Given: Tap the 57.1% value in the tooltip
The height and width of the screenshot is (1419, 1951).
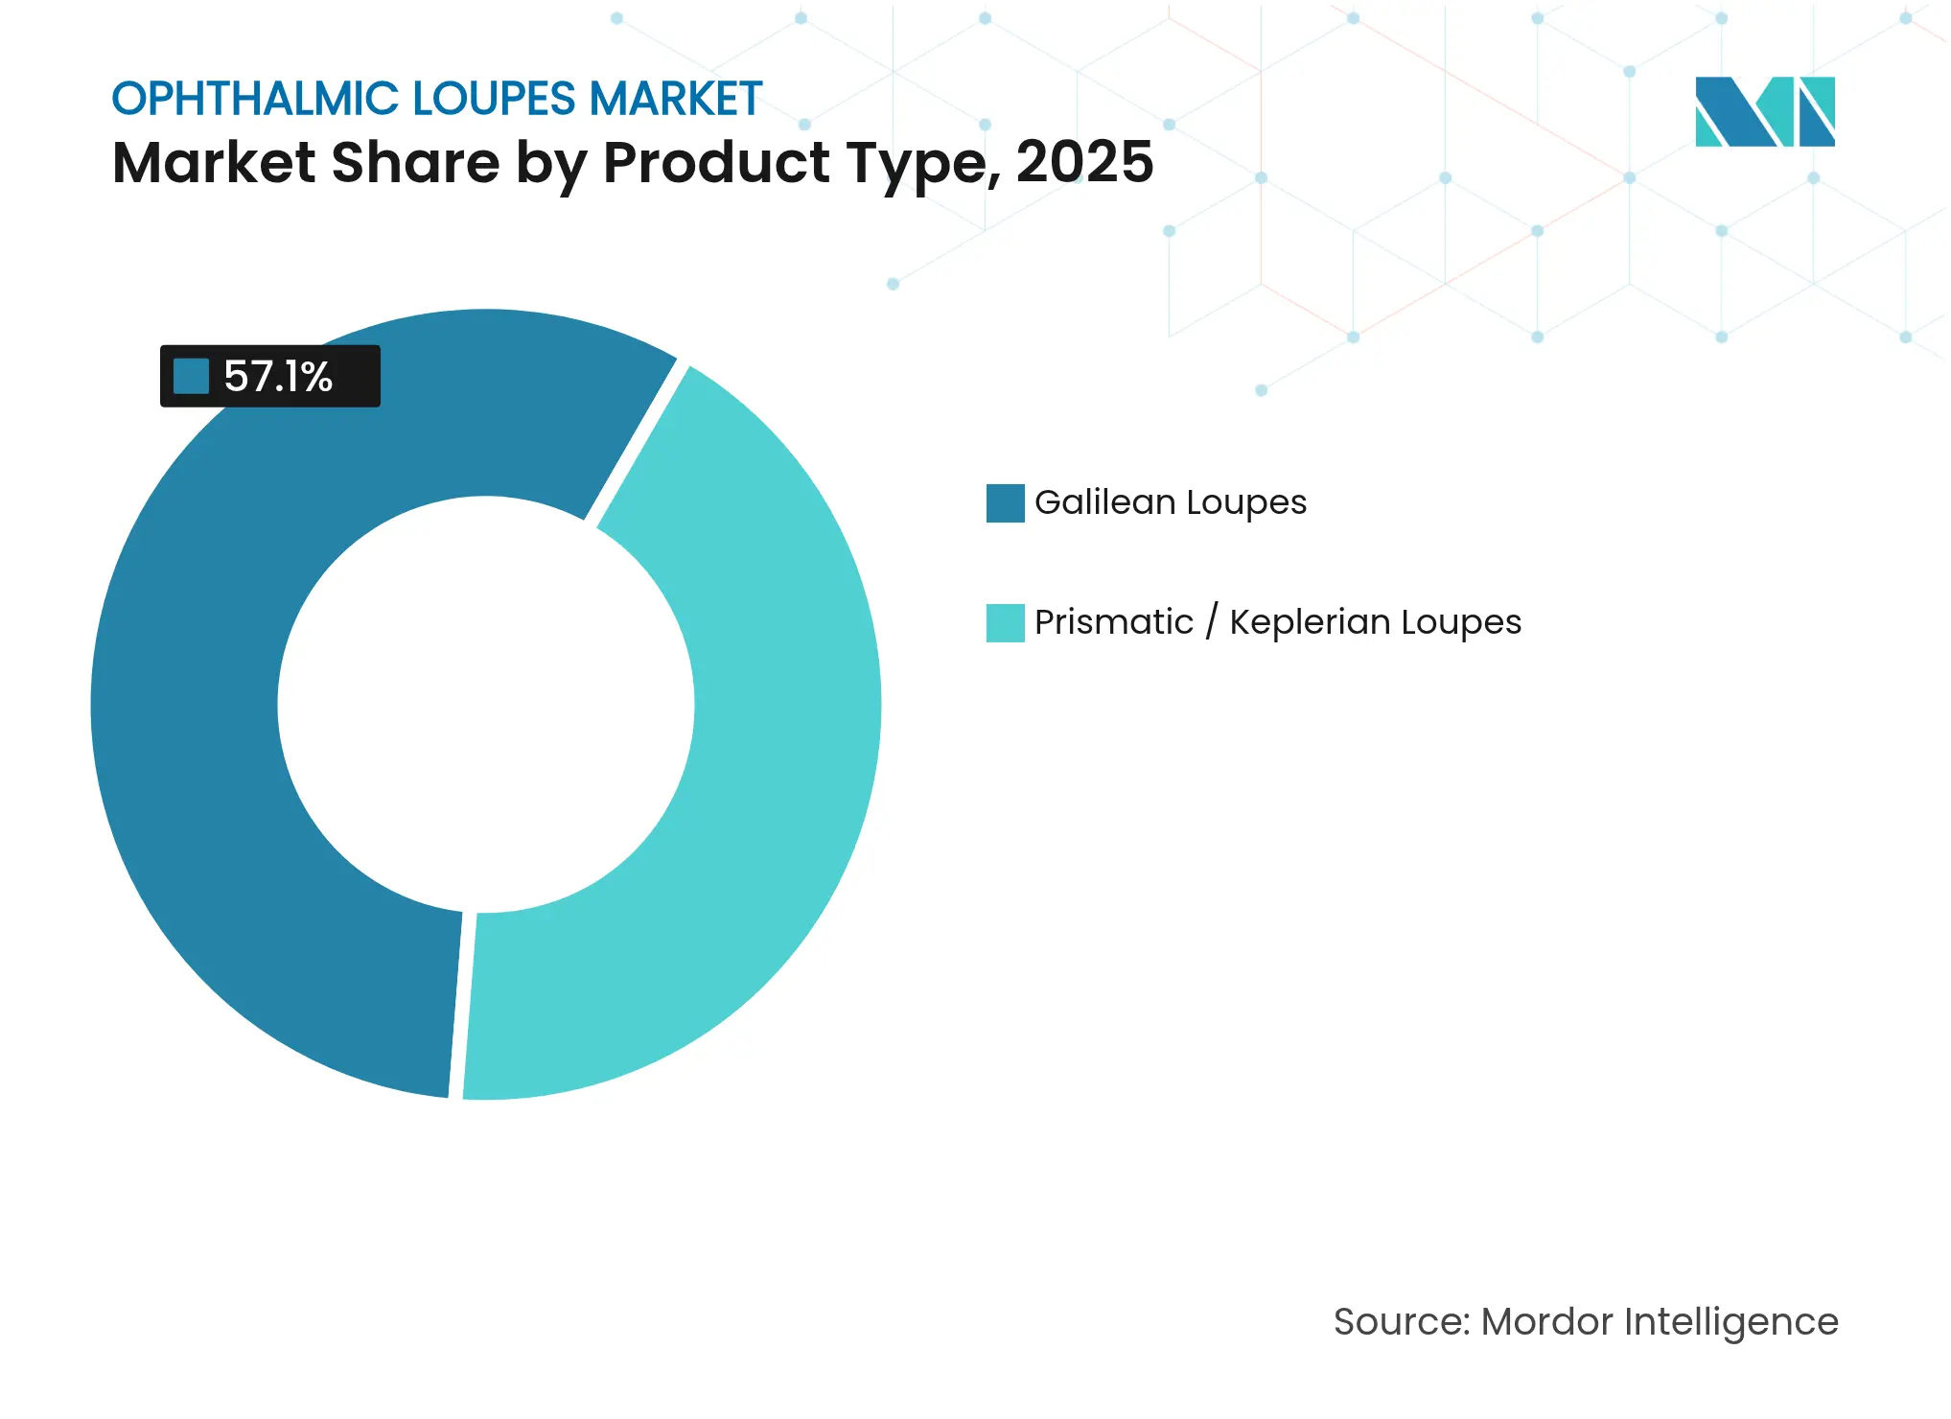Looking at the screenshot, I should click(x=278, y=377).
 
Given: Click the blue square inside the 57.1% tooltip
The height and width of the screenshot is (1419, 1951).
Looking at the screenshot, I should click(x=191, y=376).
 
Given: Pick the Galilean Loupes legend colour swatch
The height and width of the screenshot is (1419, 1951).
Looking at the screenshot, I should click(x=1005, y=503).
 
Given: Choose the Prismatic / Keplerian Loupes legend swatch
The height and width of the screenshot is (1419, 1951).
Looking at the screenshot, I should click(x=1005, y=623).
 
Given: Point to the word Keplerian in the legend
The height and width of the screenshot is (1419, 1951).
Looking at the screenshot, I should click(x=1310, y=622).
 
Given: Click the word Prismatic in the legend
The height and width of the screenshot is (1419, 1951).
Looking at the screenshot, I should click(x=1113, y=622).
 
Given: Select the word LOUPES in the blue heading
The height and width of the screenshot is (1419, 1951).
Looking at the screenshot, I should click(x=494, y=100).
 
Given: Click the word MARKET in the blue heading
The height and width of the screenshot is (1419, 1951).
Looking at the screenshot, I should click(x=675, y=100).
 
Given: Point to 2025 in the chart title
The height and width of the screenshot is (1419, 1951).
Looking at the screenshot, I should click(x=1084, y=162).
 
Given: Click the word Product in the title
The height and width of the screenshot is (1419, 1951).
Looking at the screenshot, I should click(x=716, y=162).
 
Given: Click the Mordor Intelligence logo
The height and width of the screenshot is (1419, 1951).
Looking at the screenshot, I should click(x=1764, y=111).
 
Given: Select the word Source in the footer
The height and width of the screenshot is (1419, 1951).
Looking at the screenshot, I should click(x=1399, y=1322).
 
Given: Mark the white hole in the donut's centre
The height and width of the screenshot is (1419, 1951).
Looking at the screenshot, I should click(x=486, y=705).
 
